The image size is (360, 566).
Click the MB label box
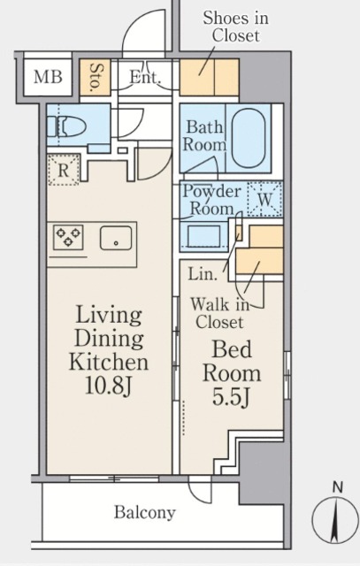pos(47,77)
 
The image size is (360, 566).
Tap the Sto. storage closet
pos(95,77)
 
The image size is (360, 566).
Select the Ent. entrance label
pos(144,77)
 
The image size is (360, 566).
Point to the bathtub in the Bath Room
pos(248,138)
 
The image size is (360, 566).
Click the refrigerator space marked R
pos(64,170)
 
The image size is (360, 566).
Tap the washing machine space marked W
pos(264,199)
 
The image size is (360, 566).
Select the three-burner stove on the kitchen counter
pos(68,237)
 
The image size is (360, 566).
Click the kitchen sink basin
pos(116,238)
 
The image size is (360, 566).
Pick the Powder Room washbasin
pos(204,235)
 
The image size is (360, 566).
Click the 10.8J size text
pos(108,386)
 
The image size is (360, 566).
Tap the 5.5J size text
pos(231,397)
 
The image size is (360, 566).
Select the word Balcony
pos(145,512)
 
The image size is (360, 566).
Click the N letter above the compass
pos(338,488)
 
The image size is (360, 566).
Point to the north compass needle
pos(336,520)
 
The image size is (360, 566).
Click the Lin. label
pos(203,274)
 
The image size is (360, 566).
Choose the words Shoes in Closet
pos(236,27)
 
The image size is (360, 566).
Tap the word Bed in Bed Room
pos(232,349)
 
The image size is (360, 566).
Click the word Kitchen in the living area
pos(109,362)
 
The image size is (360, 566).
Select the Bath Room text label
pos(204,136)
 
